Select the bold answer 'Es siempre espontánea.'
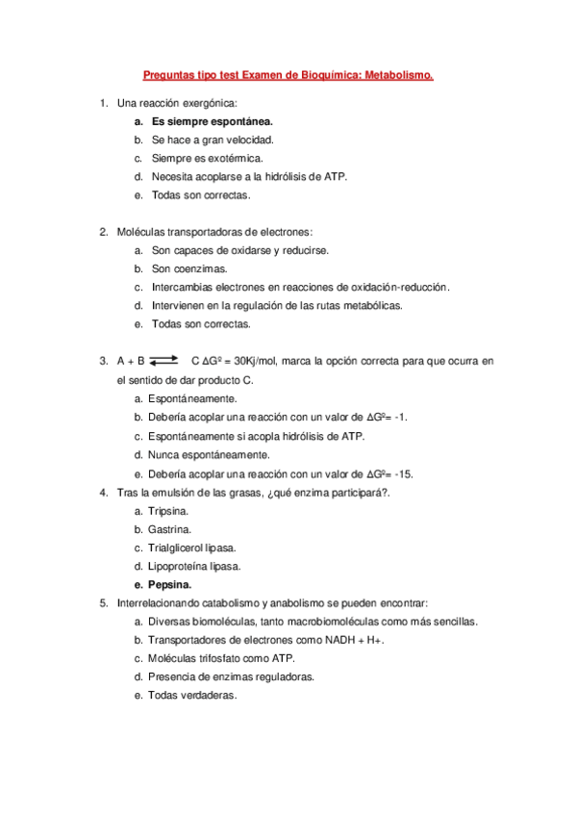click(213, 122)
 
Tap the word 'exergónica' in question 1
click(209, 103)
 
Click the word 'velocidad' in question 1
click(235, 140)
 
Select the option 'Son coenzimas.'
click(189, 268)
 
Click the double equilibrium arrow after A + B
click(164, 361)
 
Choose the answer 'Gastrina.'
click(169, 529)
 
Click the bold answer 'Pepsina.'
click(170, 584)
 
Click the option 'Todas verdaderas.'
click(192, 695)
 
